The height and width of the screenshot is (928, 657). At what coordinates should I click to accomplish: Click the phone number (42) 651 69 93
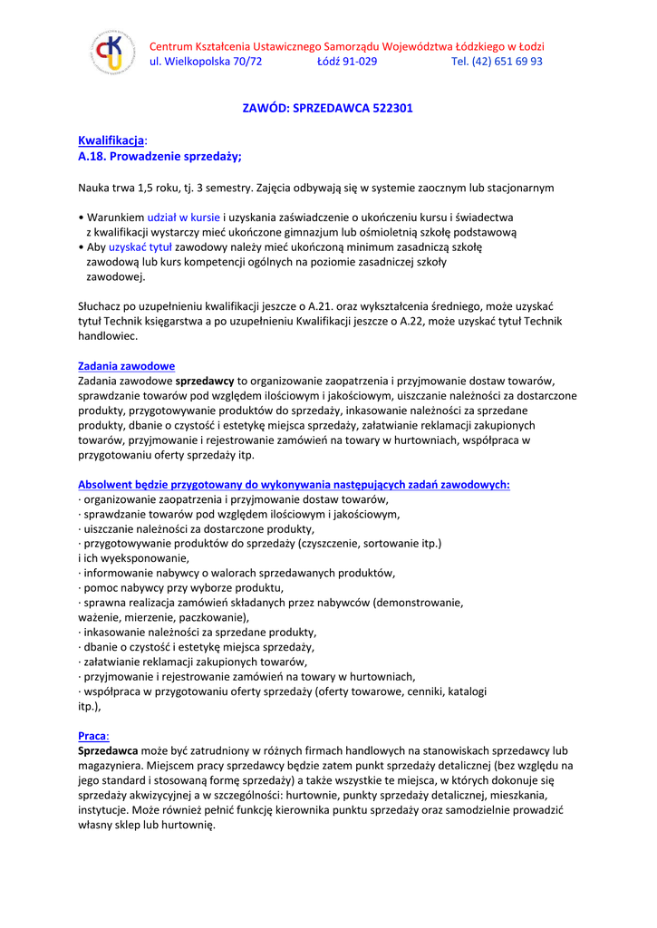(509, 62)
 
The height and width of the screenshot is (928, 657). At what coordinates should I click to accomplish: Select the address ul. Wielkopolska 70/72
(205, 62)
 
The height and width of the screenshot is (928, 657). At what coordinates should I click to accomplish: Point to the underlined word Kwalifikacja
(111, 140)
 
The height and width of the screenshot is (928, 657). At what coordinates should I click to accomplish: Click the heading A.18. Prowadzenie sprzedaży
(159, 156)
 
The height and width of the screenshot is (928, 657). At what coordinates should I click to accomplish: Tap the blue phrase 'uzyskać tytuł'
(140, 246)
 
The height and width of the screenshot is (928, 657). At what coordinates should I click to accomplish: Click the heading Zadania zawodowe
(126, 366)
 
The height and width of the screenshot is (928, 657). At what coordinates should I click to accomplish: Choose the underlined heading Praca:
(93, 736)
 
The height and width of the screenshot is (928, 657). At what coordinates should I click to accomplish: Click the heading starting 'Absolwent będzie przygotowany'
(294, 485)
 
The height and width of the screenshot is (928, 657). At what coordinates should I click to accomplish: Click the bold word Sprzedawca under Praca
(108, 750)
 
